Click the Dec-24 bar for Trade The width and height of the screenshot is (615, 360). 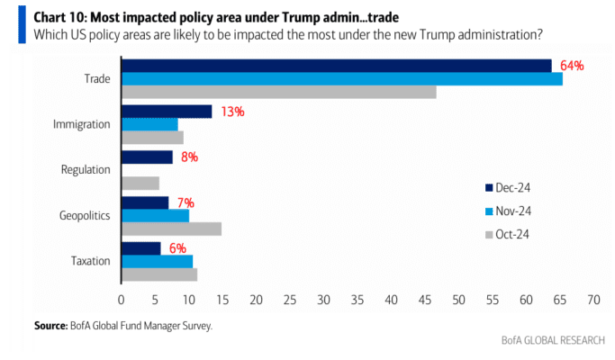tap(337, 66)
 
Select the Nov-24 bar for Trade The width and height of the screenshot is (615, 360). tap(342, 79)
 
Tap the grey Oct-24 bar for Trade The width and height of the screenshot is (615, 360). tap(279, 92)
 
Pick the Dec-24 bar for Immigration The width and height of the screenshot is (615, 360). tap(167, 112)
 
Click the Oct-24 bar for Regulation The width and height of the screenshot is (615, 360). tap(140, 183)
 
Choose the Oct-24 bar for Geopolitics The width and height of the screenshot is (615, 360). tap(171, 229)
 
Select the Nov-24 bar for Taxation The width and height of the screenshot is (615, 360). tap(158, 262)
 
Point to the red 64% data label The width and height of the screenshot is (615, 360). tap(572, 66)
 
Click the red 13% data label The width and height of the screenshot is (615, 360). tap(232, 112)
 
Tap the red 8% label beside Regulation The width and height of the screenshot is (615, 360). tap(189, 157)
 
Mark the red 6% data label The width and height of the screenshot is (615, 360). tap(177, 248)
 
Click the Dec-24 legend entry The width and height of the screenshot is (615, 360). tap(508, 188)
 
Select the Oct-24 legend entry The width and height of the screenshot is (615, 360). tap(508, 235)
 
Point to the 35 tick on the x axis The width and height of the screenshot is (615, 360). tap(357, 300)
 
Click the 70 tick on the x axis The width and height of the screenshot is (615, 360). tap(593, 300)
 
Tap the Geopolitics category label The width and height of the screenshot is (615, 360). tap(85, 216)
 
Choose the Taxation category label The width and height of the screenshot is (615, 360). tap(91, 261)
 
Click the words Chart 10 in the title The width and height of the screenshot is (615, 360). tap(60, 18)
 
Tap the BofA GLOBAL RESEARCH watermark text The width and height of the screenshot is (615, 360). tap(553, 340)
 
